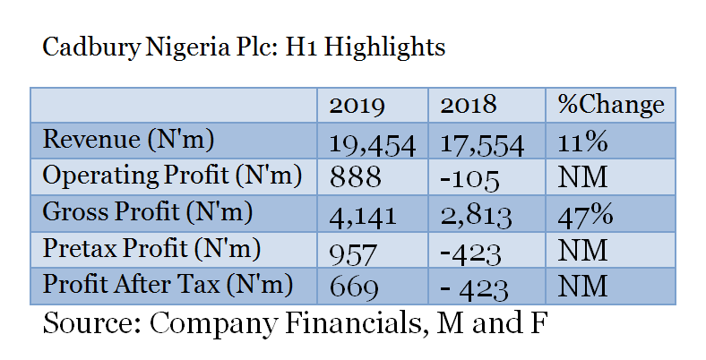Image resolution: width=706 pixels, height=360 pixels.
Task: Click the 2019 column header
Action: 357,106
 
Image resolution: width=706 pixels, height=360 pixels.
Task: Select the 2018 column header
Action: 468,106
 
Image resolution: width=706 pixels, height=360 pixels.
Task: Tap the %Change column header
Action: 610,106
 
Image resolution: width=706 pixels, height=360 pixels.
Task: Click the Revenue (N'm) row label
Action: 130,140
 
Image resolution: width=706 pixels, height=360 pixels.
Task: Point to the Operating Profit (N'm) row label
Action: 172,176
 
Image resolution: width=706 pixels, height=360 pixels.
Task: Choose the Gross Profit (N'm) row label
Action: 148,213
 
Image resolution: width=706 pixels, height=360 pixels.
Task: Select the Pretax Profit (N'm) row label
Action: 151,250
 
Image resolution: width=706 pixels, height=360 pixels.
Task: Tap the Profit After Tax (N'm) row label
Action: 168,287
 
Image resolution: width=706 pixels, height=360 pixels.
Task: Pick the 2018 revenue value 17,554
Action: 482,141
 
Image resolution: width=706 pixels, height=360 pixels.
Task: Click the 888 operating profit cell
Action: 356,177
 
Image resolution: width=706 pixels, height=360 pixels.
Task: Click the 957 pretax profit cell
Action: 354,251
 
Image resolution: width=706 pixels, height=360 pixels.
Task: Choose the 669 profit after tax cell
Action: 356,287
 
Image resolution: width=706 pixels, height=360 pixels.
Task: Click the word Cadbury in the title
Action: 87,48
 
